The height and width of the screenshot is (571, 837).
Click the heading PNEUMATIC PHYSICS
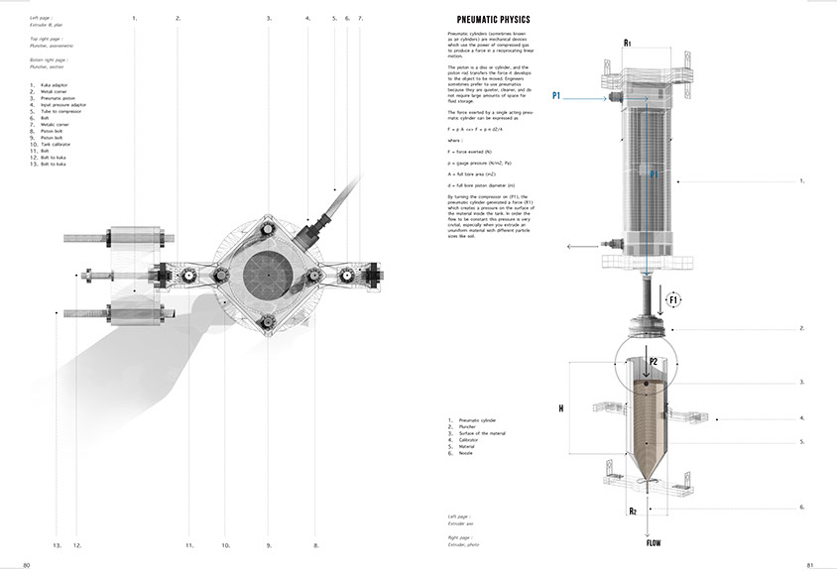[x=493, y=20]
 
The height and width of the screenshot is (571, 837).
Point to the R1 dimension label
[x=628, y=44]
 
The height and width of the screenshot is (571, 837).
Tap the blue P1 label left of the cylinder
[x=557, y=95]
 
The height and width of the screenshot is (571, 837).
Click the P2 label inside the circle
[x=640, y=362]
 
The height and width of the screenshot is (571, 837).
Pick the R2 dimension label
[x=631, y=512]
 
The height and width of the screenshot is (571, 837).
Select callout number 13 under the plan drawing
[x=57, y=545]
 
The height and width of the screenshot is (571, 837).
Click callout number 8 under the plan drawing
[x=315, y=545]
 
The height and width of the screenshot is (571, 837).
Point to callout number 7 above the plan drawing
[x=360, y=18]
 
